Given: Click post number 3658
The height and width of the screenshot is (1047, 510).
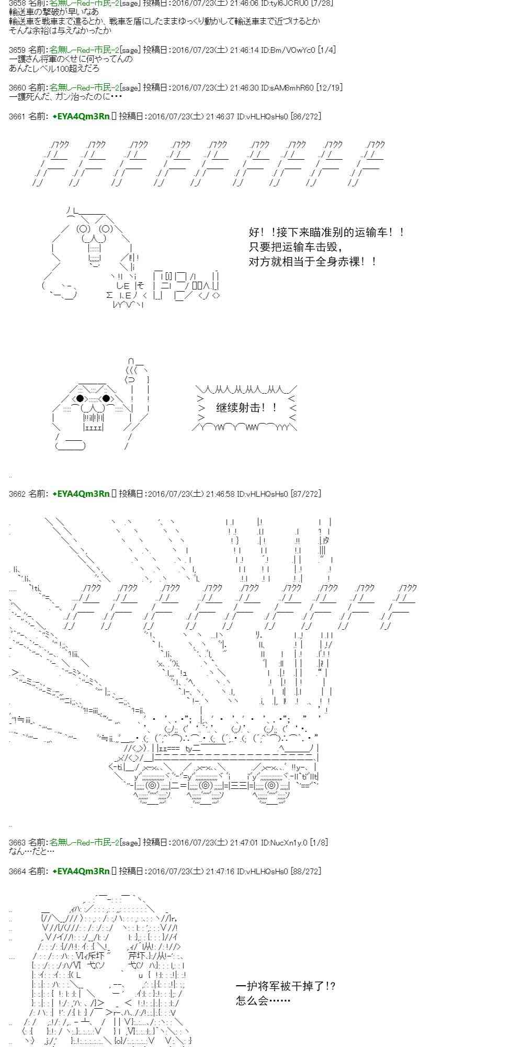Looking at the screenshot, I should pos(17,3).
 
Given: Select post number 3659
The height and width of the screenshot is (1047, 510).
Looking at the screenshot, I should pos(17,50).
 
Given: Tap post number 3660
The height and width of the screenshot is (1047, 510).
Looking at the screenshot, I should pos(17,88).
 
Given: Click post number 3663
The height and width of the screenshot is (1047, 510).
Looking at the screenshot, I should pos(17,842).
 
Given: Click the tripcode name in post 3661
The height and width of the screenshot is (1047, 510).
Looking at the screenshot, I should pos(81,117).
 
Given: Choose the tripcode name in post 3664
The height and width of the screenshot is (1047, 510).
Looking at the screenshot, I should pos(81,871).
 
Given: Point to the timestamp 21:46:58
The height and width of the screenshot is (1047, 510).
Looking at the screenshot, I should pos(220,494).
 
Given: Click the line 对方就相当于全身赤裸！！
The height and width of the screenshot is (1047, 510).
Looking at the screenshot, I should pos(313,261).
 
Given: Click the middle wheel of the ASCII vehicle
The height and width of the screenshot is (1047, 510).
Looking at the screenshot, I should pos(205,786).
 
